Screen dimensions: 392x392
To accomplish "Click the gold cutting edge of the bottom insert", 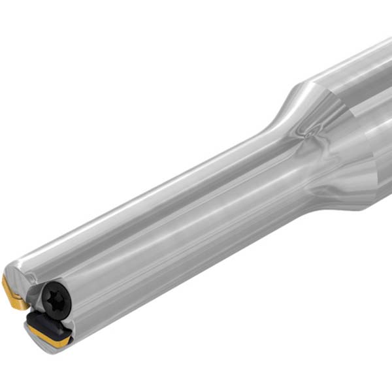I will click(x=49, y=338).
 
